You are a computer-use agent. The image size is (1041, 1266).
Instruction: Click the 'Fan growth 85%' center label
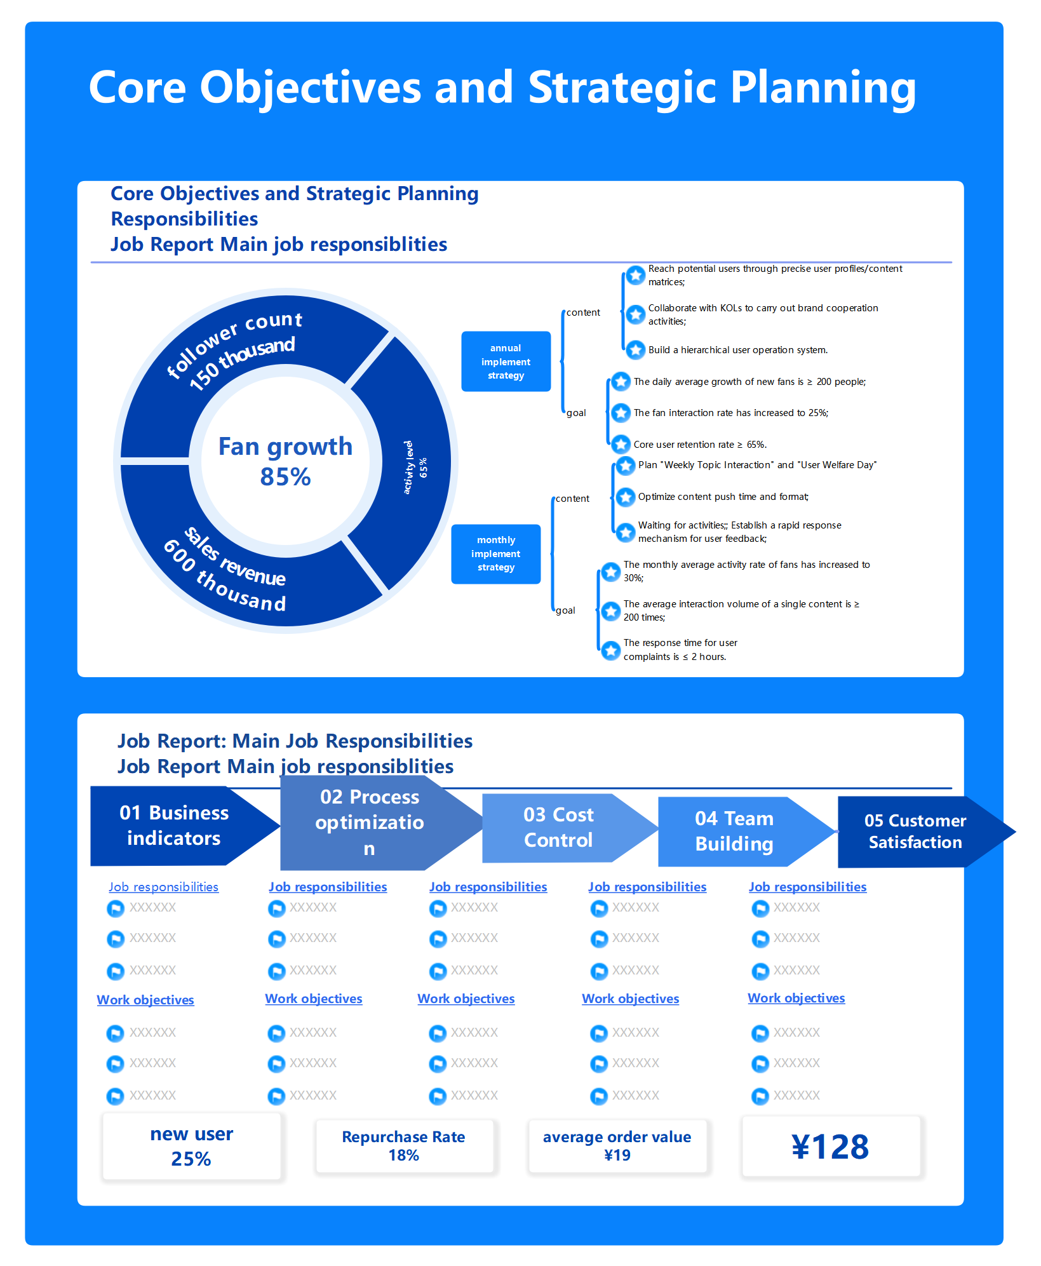click(x=285, y=461)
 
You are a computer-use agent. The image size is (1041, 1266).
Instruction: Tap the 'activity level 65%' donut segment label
click(x=415, y=468)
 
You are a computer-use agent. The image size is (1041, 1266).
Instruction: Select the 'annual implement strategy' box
click(x=506, y=361)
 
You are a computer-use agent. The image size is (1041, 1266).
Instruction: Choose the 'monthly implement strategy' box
click(x=495, y=553)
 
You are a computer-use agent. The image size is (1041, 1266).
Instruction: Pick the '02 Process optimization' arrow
click(x=369, y=823)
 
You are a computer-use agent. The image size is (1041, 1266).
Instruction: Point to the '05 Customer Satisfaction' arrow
click(x=915, y=832)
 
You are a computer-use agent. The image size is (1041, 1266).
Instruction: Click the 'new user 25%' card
click(x=191, y=1147)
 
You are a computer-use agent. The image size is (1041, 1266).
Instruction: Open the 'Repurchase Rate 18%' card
click(x=404, y=1146)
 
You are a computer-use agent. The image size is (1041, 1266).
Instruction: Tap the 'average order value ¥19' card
click(x=617, y=1146)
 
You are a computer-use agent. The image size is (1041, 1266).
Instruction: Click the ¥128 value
click(x=830, y=1147)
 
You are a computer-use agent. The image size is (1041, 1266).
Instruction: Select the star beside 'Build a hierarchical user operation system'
click(x=635, y=349)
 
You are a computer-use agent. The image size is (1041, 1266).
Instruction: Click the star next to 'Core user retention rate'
click(x=621, y=443)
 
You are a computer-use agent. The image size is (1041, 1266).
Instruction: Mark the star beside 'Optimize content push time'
click(x=626, y=497)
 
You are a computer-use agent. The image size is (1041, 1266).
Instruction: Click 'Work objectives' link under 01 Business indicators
click(x=145, y=1000)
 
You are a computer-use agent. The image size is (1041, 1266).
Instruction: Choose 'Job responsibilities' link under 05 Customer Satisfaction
click(x=807, y=887)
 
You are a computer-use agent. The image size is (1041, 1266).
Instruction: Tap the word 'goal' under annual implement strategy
click(x=576, y=413)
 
